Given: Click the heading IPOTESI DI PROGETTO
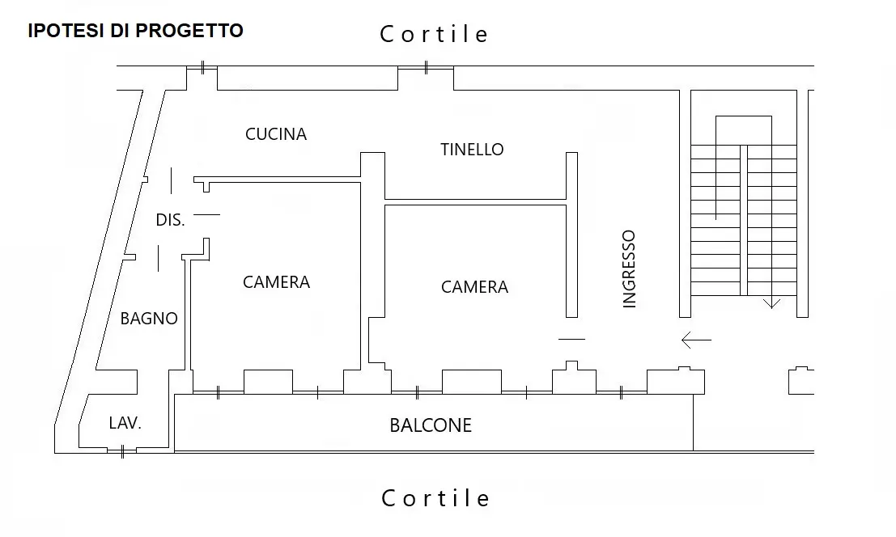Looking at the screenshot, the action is tap(135, 30).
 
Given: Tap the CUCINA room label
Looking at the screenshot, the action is tap(276, 134).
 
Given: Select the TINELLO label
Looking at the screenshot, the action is tap(472, 150).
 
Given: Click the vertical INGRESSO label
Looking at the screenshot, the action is tap(629, 268).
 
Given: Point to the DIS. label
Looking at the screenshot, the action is tap(170, 220).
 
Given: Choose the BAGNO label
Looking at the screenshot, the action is tap(149, 319).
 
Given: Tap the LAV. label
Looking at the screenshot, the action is tap(125, 423).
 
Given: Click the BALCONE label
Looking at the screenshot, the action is tap(431, 425).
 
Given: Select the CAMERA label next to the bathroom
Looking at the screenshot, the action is tap(277, 282).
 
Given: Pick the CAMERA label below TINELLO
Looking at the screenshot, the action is tap(474, 286).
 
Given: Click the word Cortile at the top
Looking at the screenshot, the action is tap(434, 34).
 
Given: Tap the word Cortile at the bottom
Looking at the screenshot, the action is tap(435, 498).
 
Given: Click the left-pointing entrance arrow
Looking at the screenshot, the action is tap(696, 340).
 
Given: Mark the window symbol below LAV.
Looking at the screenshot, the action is tap(122, 452).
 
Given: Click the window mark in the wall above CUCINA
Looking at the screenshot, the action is tap(203, 67).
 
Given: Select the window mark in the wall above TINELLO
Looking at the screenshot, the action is tap(426, 67).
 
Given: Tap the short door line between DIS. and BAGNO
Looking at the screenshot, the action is tap(159, 259).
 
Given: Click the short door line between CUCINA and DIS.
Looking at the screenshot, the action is tap(171, 180).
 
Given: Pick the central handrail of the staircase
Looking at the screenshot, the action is tap(743, 220).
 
